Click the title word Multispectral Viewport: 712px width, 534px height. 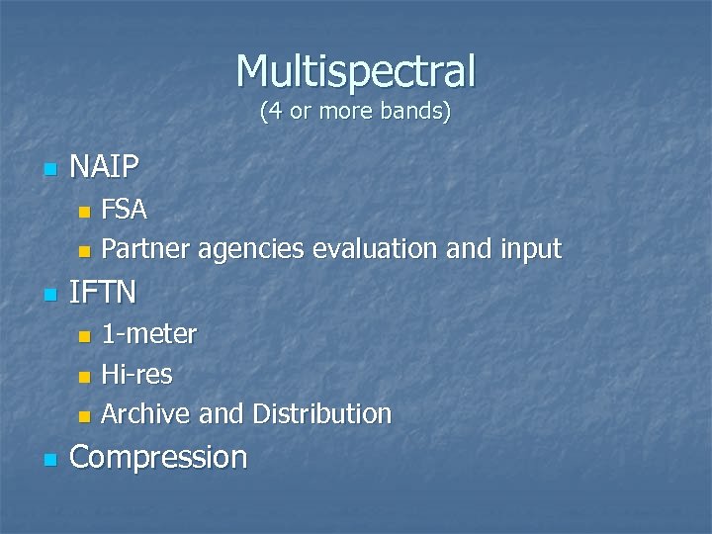point(356,70)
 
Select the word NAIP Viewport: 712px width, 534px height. point(105,167)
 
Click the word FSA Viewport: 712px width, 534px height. point(125,210)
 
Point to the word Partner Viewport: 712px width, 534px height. point(146,249)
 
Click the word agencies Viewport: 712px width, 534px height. point(251,249)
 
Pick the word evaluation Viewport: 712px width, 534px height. point(376,249)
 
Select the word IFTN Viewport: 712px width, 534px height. point(104,292)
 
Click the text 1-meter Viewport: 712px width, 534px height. point(149,334)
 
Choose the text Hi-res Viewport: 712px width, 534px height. point(136,374)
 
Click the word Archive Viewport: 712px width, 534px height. point(147,413)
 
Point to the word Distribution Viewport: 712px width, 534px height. point(321,413)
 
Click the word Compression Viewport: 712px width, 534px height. point(159,457)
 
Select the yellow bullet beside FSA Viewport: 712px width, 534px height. point(84,212)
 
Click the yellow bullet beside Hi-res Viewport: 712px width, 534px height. point(84,376)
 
